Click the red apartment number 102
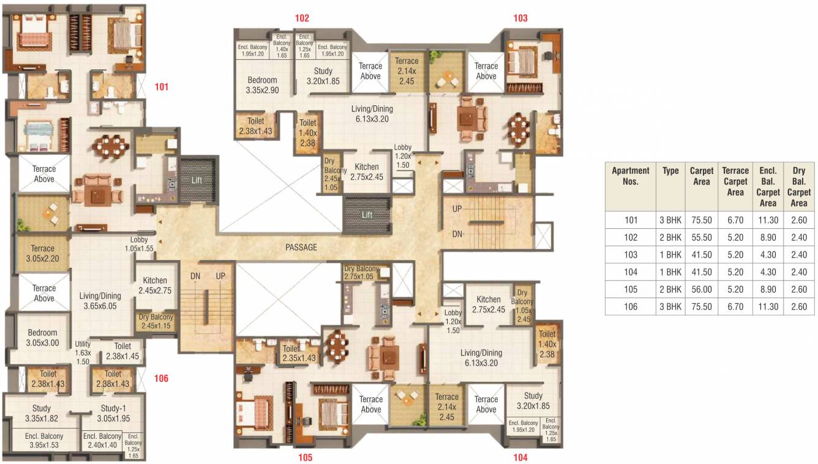click(302, 18)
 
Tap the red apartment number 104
click(520, 457)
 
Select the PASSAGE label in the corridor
click(301, 247)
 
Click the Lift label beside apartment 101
click(197, 181)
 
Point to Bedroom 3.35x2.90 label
click(262, 85)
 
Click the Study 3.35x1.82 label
click(42, 413)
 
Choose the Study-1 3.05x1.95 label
click(113, 413)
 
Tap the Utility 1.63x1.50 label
click(83, 353)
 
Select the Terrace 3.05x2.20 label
click(43, 253)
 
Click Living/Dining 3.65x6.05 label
click(100, 301)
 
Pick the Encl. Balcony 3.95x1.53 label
click(44, 441)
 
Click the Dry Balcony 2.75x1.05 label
click(361, 273)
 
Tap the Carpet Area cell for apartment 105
click(701, 290)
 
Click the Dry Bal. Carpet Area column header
click(798, 187)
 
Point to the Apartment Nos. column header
click(631, 176)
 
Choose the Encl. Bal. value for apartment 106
click(767, 307)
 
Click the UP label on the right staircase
click(457, 209)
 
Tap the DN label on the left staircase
click(195, 277)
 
